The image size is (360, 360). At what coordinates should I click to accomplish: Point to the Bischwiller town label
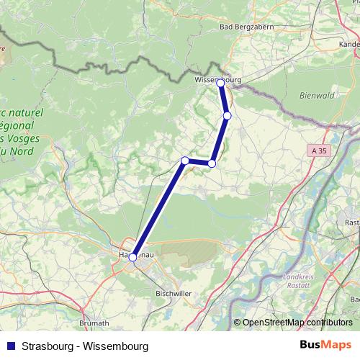[x=174, y=294]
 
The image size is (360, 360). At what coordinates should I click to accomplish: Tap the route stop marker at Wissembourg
[x=221, y=84]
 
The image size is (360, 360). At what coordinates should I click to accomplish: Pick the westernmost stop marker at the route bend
[x=185, y=160]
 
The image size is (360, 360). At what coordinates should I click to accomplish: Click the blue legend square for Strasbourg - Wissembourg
[x=9, y=346]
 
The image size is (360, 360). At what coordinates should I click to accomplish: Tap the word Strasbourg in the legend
[x=48, y=346]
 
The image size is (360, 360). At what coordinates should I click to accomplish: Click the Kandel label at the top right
[x=348, y=44]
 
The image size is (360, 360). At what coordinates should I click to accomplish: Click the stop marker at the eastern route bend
[x=212, y=163]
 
